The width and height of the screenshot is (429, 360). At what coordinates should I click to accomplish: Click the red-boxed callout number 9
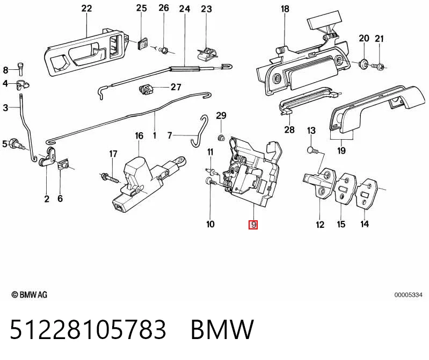click(253, 225)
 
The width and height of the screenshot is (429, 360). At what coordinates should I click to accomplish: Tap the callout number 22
click(86, 9)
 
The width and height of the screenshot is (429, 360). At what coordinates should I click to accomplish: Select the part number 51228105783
click(88, 329)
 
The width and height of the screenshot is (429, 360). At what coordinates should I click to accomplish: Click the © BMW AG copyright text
click(30, 295)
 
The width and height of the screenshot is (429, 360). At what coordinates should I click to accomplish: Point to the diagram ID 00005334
click(408, 295)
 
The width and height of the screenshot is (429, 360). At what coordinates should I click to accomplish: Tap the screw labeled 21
click(378, 66)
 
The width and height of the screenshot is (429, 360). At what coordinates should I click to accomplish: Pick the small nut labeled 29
click(221, 138)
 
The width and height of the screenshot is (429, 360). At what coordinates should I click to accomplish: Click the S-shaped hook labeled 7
click(200, 131)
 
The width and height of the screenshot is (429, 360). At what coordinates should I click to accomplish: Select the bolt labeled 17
click(110, 178)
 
